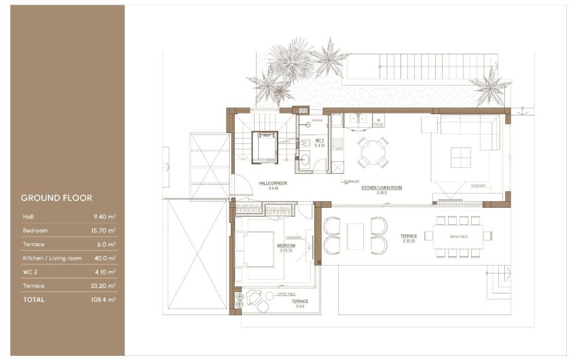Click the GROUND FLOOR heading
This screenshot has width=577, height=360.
[x=56, y=198]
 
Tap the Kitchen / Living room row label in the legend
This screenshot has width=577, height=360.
[x=52, y=258]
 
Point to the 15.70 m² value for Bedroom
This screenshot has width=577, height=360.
[x=105, y=231]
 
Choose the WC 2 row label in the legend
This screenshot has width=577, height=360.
[x=31, y=272]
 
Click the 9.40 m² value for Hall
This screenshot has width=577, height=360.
[x=106, y=217]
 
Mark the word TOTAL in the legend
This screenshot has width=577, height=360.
[x=34, y=299]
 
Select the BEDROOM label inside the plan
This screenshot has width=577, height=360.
[x=286, y=246]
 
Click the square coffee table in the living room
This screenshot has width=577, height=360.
[x=461, y=158]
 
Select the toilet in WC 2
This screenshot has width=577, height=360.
[x=306, y=143]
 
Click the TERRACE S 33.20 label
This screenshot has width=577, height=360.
[x=409, y=238]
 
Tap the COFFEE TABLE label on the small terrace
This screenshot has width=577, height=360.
[x=284, y=295]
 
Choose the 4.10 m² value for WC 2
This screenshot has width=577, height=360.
[x=106, y=272]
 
